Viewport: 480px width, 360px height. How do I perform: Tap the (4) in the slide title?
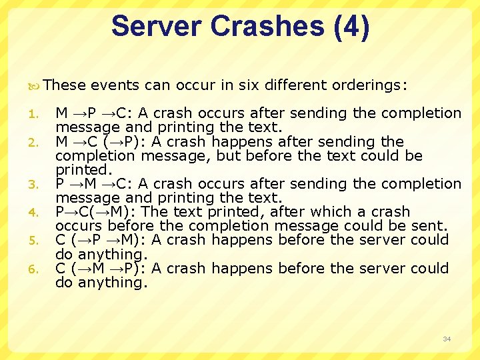[346, 27]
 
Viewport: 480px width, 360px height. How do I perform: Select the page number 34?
[447, 339]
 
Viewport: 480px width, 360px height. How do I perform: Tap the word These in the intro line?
[65, 85]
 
